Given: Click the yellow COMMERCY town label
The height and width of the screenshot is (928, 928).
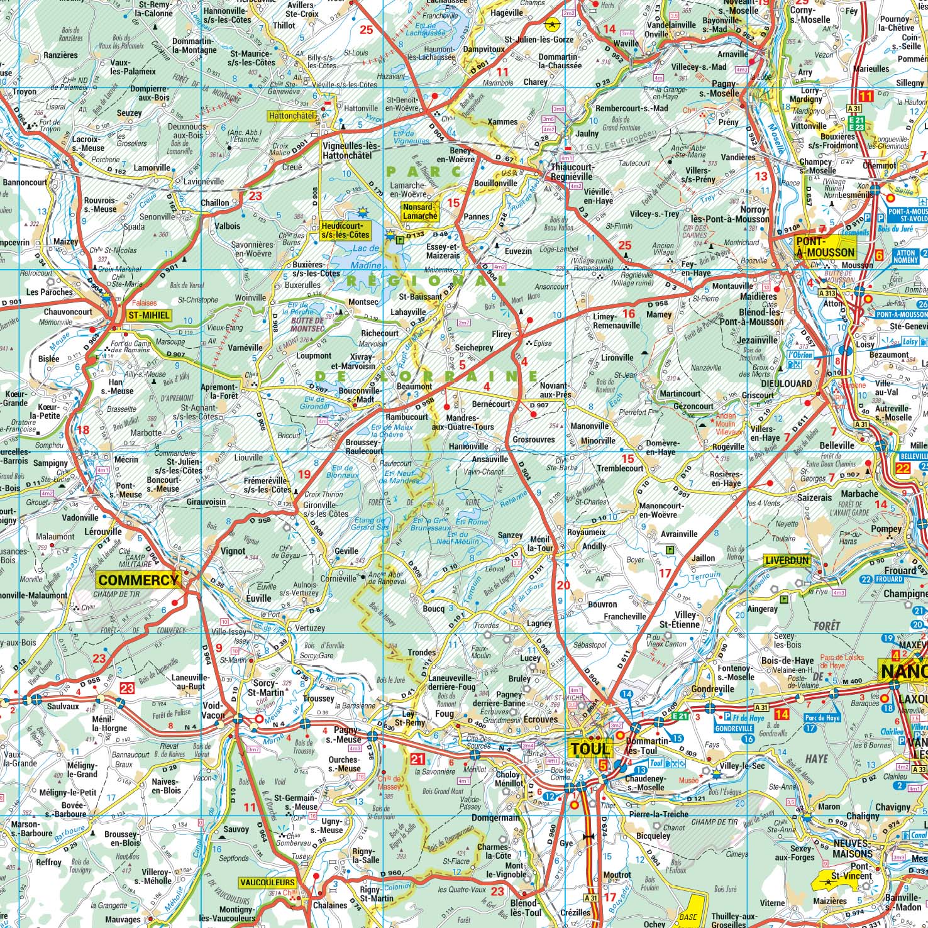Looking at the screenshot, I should tap(138, 580).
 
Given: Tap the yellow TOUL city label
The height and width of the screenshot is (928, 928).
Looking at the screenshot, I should tap(590, 748).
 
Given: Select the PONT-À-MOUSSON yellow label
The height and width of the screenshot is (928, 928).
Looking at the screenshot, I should tap(825, 247).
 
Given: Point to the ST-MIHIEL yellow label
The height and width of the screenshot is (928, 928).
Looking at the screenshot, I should tap(148, 315).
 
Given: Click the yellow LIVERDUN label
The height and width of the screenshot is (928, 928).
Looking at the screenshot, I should tap(787, 560).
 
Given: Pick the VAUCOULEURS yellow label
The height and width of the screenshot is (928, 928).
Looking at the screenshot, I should tap(267, 883).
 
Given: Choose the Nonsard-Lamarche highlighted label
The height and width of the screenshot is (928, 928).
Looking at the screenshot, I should tap(419, 211).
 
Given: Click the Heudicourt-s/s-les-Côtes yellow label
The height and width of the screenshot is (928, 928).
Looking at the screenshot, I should tap(345, 229).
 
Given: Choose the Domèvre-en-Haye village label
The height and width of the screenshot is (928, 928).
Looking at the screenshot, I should tap(660, 447).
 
